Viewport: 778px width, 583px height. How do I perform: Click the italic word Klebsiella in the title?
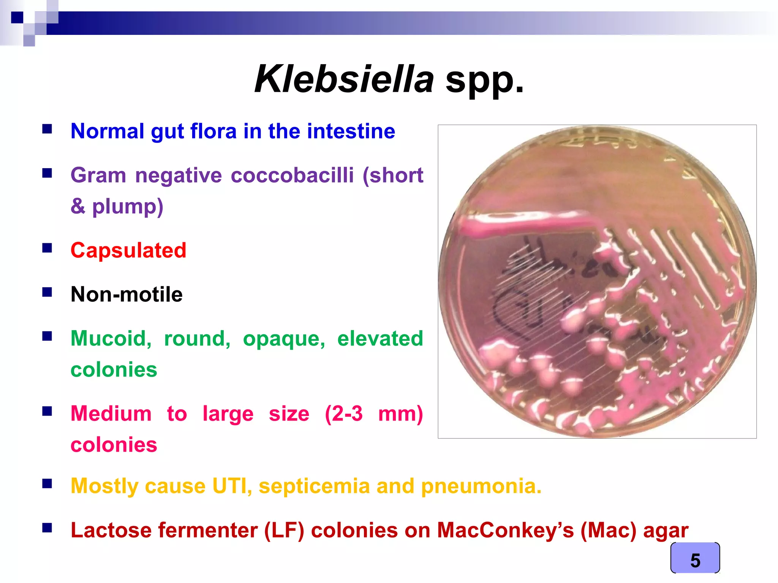click(x=344, y=79)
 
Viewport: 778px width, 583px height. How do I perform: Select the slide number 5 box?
click(x=695, y=558)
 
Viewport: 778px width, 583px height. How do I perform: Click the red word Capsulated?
click(x=128, y=251)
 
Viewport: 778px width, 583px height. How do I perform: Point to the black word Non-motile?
click(x=127, y=294)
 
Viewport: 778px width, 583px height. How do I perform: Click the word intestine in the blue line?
click(x=351, y=131)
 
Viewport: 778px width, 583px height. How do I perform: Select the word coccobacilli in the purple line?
click(x=292, y=175)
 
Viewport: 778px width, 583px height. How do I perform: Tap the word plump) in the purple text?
click(x=128, y=207)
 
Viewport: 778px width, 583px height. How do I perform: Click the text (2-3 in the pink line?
click(x=344, y=413)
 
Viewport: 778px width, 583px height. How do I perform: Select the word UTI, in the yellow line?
click(x=232, y=486)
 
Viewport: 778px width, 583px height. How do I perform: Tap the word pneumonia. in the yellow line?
click(x=481, y=486)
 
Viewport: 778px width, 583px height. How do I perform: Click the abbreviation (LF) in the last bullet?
click(x=284, y=530)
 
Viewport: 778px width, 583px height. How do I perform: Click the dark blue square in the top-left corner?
click(x=17, y=17)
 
